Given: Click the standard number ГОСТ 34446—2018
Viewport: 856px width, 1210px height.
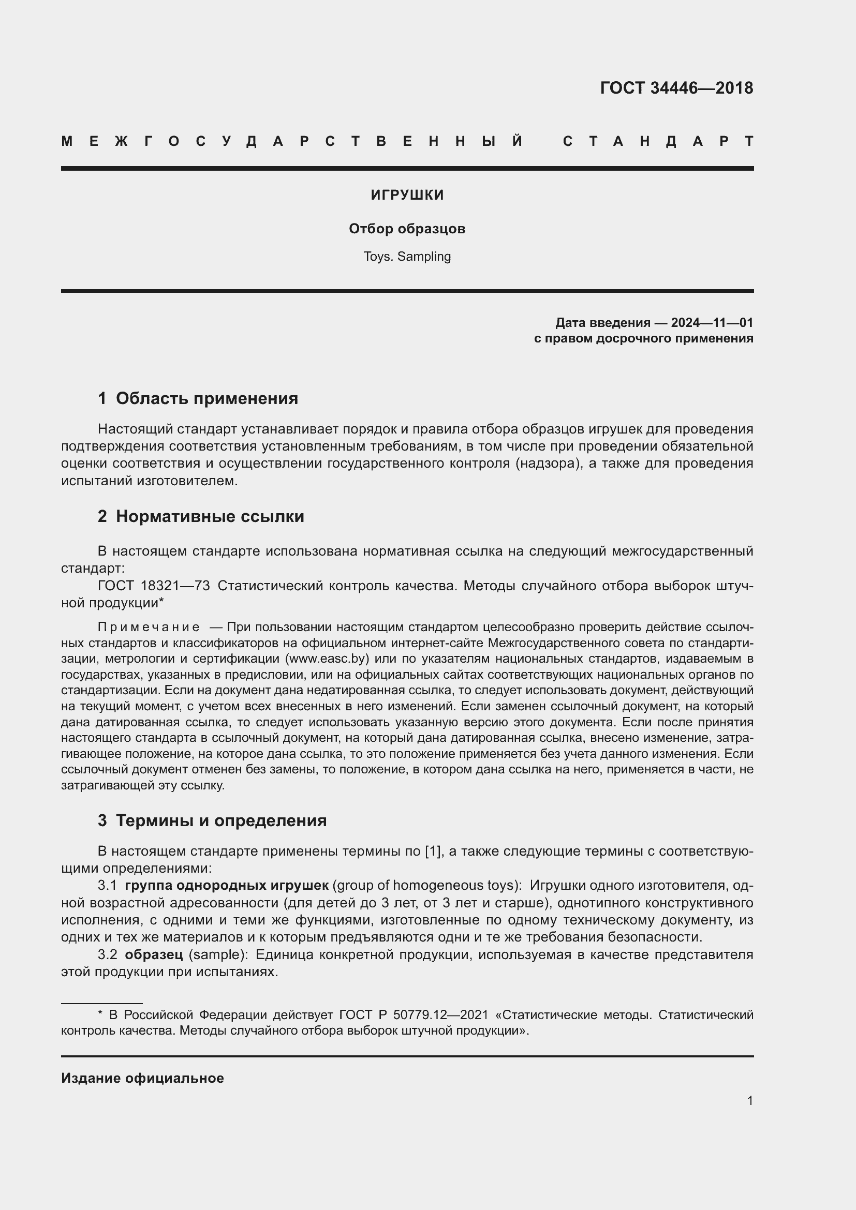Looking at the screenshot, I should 676,88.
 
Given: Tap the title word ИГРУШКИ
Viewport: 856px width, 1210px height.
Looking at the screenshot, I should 407,196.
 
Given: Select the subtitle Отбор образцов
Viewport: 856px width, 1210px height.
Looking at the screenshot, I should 407,229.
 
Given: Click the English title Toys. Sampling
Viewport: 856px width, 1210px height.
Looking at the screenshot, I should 407,257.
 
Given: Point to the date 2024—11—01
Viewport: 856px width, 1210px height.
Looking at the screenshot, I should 712,322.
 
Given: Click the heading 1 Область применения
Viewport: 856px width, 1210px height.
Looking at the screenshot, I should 198,398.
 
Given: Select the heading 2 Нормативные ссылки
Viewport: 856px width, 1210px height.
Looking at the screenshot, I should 201,516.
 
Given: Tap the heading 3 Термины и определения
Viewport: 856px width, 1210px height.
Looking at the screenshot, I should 212,820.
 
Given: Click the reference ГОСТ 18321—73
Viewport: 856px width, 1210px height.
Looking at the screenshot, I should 154,586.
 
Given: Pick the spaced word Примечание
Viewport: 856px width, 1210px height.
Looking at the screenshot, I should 149,627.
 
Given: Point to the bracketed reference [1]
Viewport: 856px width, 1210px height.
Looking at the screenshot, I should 433,852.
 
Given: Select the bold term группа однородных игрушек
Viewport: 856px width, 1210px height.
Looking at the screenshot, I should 227,885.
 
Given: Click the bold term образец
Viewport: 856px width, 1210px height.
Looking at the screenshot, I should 154,955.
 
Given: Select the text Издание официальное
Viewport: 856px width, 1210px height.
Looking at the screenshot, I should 142,1078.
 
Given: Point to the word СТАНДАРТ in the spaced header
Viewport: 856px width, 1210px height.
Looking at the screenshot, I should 658,142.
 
